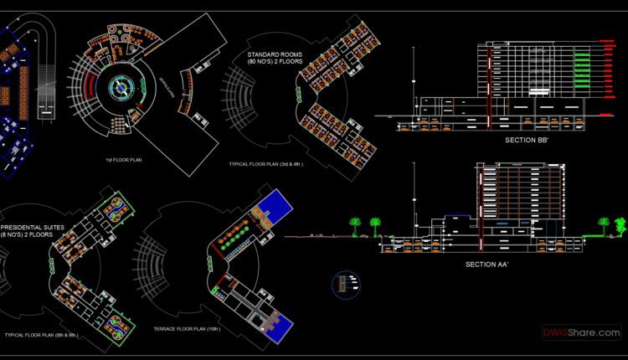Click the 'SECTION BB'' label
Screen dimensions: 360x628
click(x=526, y=141)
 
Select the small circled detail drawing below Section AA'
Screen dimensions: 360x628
click(x=344, y=284)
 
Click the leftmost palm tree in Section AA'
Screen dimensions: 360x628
click(x=355, y=225)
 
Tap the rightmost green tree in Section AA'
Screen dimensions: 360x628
click(x=620, y=224)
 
